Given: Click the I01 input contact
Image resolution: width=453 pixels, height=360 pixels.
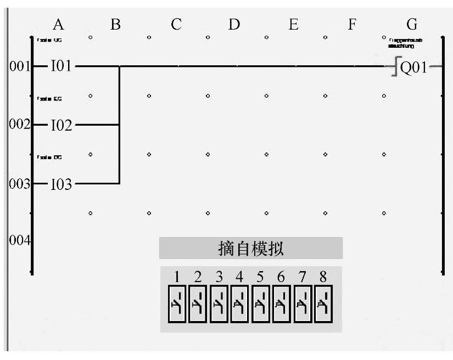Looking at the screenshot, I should (61, 67).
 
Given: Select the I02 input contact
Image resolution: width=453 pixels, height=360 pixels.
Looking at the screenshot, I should (61, 126).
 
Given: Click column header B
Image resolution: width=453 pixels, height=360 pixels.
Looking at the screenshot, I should (115, 24).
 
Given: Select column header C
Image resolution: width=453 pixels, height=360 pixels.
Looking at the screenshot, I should (176, 24).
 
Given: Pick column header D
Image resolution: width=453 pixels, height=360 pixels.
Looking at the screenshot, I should (234, 24).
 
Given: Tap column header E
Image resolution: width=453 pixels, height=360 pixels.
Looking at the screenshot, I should (293, 24).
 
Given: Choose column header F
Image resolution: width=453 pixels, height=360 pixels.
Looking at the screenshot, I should (352, 24).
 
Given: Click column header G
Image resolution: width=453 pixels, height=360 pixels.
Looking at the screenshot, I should (412, 24).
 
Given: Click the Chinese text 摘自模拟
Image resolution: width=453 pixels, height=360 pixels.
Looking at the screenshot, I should (251, 249).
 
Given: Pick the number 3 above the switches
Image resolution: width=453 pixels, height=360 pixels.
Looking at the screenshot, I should (219, 277).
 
